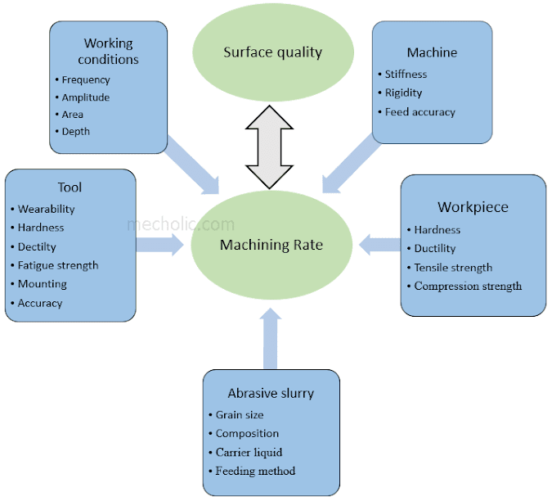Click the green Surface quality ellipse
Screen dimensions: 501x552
coord(272,52)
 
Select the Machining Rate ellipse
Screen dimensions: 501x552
coord(272,245)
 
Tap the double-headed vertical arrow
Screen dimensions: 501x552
coord(269,148)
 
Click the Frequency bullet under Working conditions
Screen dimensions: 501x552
coord(85,80)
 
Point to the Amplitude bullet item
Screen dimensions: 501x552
coord(85,97)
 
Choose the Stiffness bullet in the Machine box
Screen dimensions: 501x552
coord(406,74)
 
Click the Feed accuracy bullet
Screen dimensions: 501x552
coord(420,112)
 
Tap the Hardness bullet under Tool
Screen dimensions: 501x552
coord(41,228)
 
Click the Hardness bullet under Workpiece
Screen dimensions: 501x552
coord(437,230)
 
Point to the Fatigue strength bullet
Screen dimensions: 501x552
coord(58,265)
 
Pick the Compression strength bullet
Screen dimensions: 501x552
coord(467,287)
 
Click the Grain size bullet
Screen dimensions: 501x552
coord(239,415)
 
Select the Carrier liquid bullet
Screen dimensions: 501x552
coord(248,453)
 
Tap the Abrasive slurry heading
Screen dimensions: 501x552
coord(271,393)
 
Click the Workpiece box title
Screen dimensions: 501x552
coord(473,207)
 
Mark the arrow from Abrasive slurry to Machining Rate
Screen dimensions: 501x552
coord(272,339)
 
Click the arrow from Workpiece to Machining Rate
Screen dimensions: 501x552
coord(379,243)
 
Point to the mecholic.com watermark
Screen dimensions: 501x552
coord(180,223)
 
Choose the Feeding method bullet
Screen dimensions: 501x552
coord(255,472)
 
